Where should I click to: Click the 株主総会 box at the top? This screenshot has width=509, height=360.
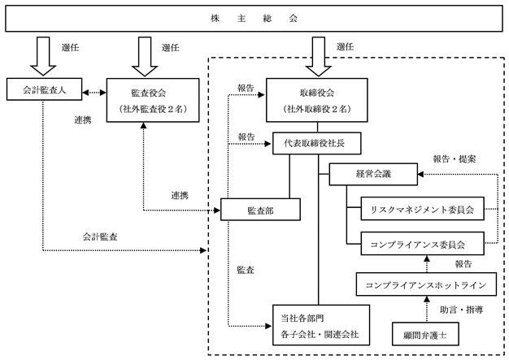(x=254, y=18)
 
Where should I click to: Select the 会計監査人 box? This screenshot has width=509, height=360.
(x=44, y=89)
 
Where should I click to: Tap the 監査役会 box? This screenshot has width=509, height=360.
(x=153, y=100)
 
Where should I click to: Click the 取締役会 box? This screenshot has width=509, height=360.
(x=317, y=100)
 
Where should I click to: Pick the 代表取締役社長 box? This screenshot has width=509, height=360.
(x=317, y=143)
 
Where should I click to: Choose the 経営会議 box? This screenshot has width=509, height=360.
(x=373, y=174)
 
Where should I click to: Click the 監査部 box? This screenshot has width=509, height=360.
(x=260, y=210)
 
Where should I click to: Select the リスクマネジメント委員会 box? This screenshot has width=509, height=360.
(x=422, y=209)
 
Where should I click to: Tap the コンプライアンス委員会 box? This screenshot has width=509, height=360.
(x=422, y=243)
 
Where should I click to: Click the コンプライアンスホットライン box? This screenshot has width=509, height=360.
(x=426, y=284)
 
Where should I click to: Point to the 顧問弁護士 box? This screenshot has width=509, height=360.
(x=425, y=334)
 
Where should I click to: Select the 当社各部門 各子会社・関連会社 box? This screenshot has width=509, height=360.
(x=321, y=325)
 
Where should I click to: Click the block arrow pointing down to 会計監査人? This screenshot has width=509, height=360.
(x=43, y=56)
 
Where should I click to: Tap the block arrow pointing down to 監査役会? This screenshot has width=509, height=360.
(x=145, y=56)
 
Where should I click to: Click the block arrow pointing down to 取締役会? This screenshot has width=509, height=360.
(x=319, y=56)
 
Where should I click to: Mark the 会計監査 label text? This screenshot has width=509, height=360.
(x=100, y=236)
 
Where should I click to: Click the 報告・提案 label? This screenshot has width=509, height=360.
(x=455, y=159)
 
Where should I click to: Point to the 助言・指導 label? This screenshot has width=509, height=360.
(x=461, y=310)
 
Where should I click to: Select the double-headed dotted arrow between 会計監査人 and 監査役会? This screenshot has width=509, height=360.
(x=94, y=93)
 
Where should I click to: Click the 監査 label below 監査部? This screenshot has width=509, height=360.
(x=246, y=270)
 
